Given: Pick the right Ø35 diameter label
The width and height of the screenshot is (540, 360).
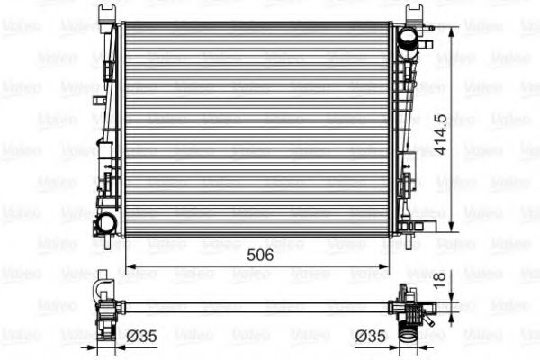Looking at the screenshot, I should tap(370, 336).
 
